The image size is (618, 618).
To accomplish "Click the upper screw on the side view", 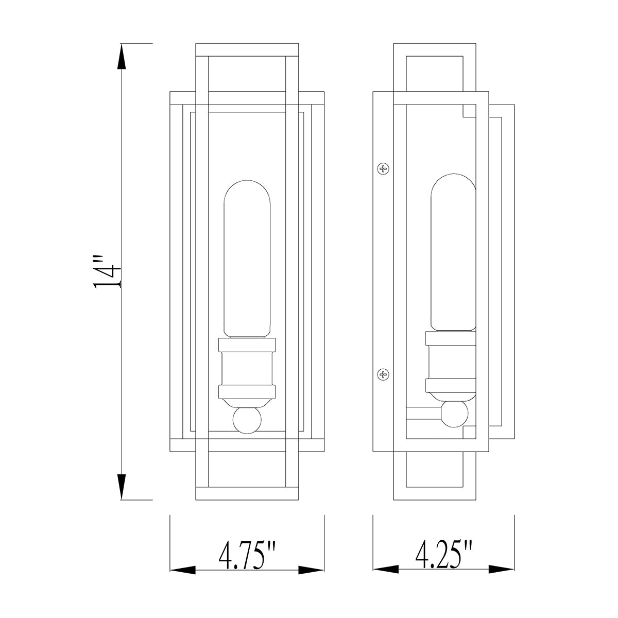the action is coord(383,168).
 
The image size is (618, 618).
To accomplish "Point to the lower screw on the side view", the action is coord(383,373).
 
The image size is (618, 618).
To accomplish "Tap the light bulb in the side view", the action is coord(453,252).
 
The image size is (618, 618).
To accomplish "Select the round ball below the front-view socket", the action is coord(247,420).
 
